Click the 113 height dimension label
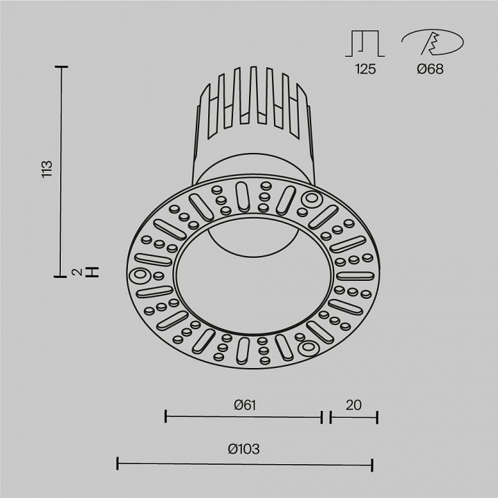[x=47, y=170]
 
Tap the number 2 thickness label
[x=79, y=272]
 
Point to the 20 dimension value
[x=353, y=405]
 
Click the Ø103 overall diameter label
[x=243, y=449]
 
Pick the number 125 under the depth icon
[x=365, y=69]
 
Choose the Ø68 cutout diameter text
[x=430, y=69]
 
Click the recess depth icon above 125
[x=365, y=43]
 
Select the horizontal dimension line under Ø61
[x=243, y=417]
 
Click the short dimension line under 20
[x=353, y=417]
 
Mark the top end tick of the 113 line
[x=63, y=66]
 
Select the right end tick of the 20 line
[x=377, y=417]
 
